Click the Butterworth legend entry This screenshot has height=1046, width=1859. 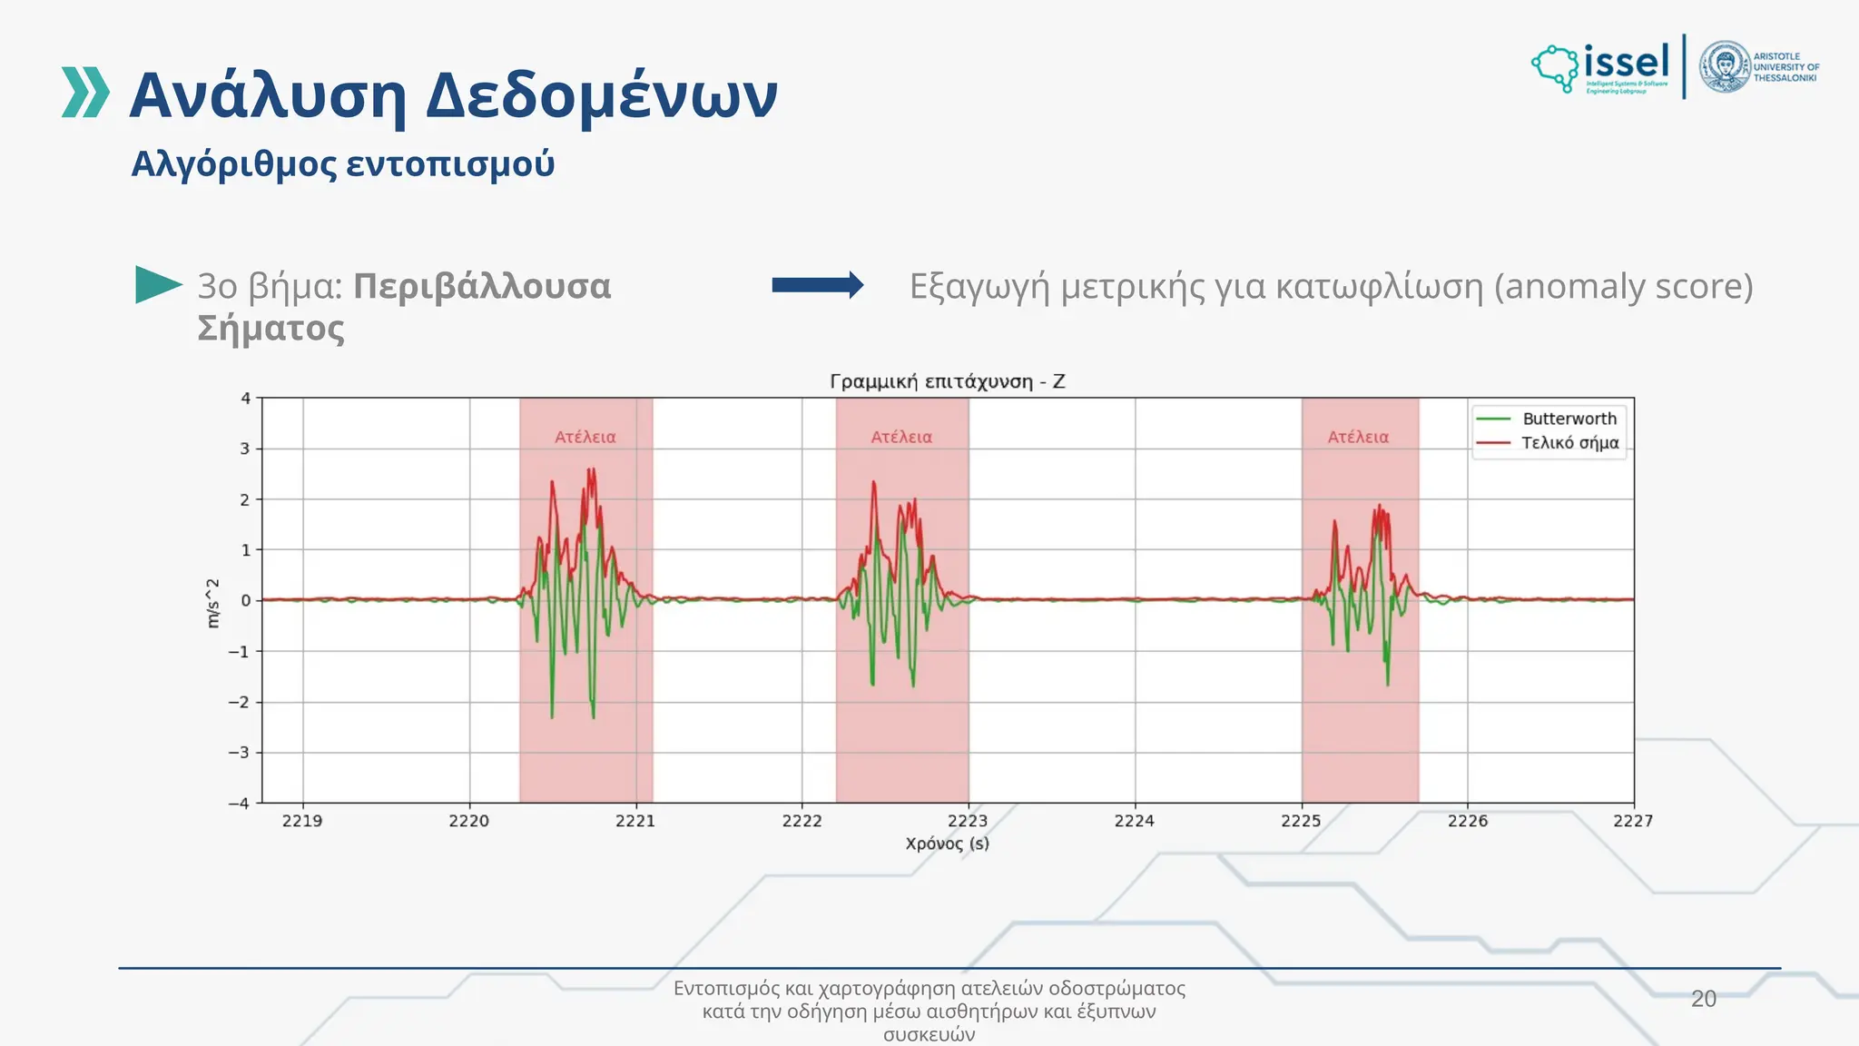(x=1569, y=419)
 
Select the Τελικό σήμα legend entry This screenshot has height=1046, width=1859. (x=1569, y=443)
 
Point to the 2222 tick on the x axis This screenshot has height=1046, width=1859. (x=802, y=821)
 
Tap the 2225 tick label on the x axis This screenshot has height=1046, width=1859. (x=1301, y=821)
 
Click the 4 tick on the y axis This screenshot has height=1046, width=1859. (x=245, y=399)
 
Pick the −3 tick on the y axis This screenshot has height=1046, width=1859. (x=239, y=753)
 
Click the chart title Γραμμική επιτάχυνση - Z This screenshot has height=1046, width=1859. (x=947, y=381)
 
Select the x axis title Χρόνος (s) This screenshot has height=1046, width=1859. (x=947, y=844)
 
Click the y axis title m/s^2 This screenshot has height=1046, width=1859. (x=213, y=603)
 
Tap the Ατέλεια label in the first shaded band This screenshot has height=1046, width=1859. (x=585, y=438)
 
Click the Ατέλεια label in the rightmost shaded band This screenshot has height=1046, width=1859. (x=1358, y=438)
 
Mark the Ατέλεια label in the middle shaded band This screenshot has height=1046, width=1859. (x=901, y=438)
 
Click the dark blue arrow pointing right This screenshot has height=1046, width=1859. (x=817, y=285)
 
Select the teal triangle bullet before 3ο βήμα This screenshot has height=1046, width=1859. (x=157, y=285)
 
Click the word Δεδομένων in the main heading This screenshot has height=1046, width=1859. (x=602, y=95)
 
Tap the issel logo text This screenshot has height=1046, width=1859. (x=1626, y=63)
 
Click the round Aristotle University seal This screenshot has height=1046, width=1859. (x=1724, y=66)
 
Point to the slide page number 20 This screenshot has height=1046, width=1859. (x=1703, y=999)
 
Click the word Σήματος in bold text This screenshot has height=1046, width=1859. (x=270, y=328)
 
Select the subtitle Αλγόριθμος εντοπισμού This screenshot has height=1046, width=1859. (x=342, y=164)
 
